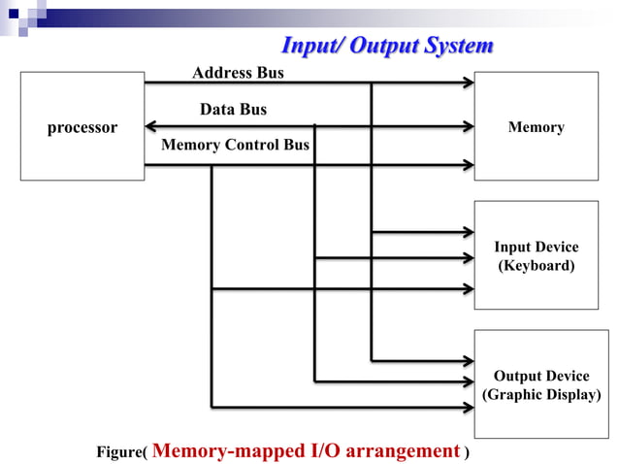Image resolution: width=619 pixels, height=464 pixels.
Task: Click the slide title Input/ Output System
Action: coord(387,46)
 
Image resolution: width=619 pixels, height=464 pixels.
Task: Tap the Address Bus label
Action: coord(238,73)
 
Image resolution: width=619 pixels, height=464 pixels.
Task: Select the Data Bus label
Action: coord(233,110)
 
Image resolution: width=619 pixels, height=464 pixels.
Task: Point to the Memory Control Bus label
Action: coord(235,146)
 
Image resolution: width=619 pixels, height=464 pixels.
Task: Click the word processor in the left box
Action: coord(82,127)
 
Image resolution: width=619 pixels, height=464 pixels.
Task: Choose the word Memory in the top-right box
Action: coord(536,127)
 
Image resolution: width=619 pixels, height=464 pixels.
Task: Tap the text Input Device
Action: coord(536,247)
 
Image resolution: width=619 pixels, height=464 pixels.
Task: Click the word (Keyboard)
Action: coord(536,265)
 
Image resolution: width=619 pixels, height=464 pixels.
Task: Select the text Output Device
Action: coord(541,376)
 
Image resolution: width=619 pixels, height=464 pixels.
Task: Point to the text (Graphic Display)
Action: coord(541,394)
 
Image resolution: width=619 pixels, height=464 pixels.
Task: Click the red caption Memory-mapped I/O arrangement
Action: coord(306,450)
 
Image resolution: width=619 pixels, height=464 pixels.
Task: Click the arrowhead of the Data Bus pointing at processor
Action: coord(150,125)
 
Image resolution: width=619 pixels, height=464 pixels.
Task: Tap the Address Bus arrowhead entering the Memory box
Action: coord(467,83)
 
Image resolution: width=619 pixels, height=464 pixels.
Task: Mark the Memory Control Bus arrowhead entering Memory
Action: coord(467,164)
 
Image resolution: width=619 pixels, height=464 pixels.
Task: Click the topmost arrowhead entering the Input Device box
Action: coord(467,231)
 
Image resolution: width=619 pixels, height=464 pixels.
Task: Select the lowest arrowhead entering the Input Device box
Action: coord(467,288)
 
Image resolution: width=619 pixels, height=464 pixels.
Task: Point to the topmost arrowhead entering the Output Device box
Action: coord(467,360)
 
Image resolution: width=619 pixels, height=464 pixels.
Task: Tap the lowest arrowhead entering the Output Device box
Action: coord(467,406)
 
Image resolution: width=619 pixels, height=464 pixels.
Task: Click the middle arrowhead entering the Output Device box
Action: coord(467,381)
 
